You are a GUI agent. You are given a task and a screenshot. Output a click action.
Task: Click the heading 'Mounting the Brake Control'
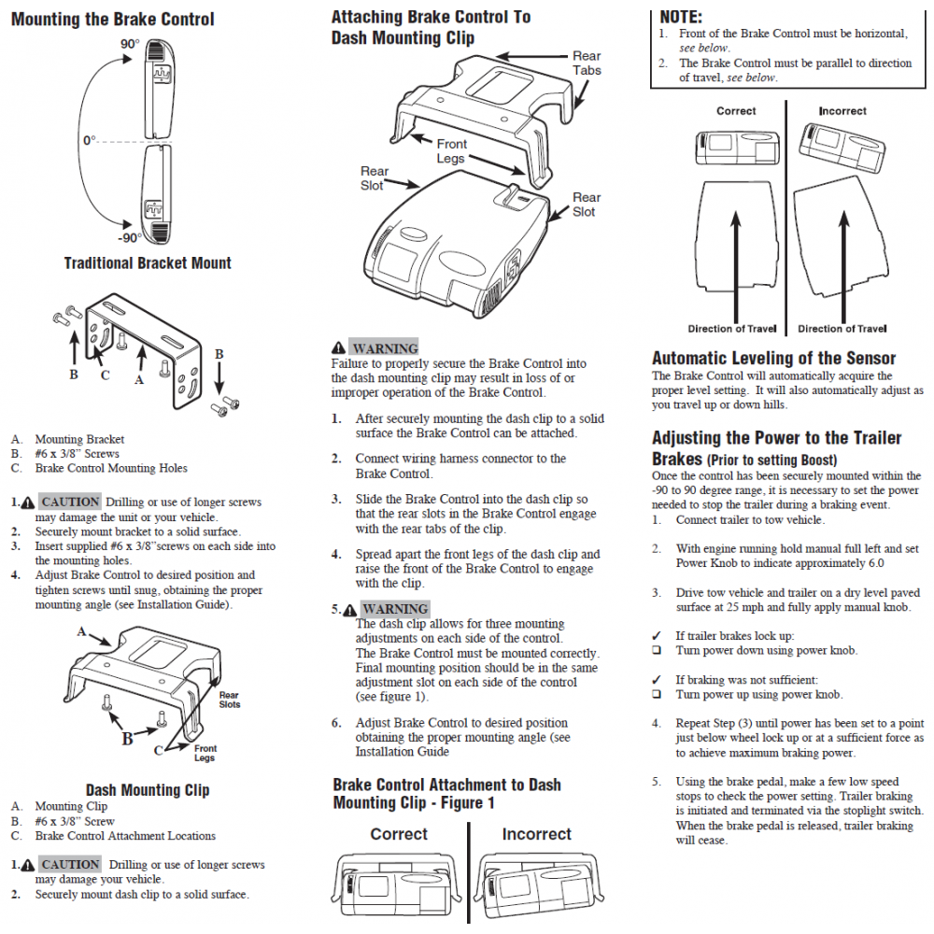pos(112,20)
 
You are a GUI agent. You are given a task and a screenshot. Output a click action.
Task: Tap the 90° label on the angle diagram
pos(129,44)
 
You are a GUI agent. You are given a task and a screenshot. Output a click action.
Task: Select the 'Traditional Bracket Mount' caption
pos(148,263)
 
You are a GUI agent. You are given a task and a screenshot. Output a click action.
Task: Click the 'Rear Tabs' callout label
pos(587,64)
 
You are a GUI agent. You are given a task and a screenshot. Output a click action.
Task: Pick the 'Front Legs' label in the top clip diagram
pos(451,151)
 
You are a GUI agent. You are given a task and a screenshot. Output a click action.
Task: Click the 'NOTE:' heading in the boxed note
pos(681,17)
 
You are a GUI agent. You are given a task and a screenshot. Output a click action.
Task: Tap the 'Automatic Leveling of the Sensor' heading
pos(773,359)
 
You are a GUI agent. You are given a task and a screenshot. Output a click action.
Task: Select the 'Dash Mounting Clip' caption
pos(148,790)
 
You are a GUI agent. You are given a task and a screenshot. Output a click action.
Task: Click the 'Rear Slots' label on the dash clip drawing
pos(229,700)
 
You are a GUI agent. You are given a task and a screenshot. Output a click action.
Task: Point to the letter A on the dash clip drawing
pos(81,631)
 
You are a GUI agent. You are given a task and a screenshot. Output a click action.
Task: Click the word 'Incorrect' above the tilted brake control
pos(842,111)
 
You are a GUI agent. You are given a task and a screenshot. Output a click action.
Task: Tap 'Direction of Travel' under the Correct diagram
pos(732,329)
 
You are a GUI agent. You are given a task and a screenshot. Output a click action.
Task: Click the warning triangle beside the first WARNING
pos(338,349)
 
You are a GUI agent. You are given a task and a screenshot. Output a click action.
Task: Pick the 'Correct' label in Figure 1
pos(399,834)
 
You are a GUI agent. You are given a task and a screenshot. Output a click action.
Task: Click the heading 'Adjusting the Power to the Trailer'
pos(776,438)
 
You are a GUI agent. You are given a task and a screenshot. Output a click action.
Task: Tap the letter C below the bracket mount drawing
pos(106,375)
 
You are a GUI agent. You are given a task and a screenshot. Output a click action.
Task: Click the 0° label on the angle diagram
pos(89,140)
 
